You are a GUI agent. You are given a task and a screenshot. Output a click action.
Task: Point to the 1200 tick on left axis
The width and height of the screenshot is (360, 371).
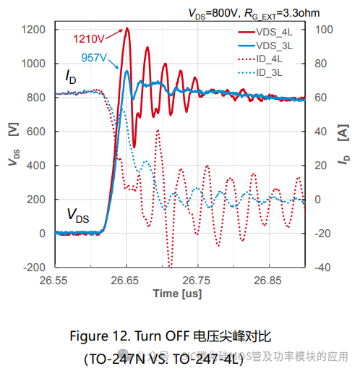pyautogui.click(x=34, y=30)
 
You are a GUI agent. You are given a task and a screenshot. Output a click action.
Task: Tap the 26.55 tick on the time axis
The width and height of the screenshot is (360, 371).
pyautogui.click(x=56, y=280)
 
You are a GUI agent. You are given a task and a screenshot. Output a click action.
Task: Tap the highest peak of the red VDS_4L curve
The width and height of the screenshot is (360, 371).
pyautogui.click(x=127, y=28)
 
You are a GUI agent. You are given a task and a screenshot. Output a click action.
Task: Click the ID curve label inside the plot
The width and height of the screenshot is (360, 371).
pyautogui.click(x=70, y=77)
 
